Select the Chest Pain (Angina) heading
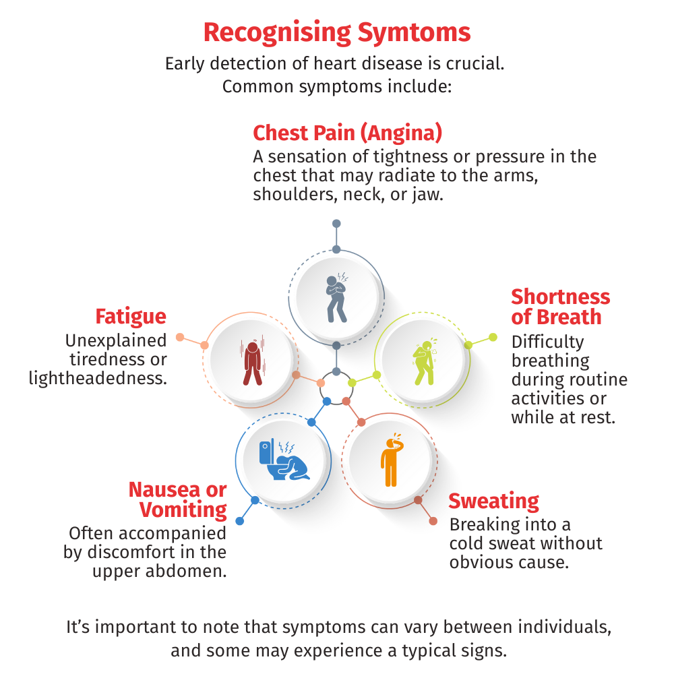pos(347,133)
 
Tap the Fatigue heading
pos(131,317)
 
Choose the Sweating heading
pos(493,501)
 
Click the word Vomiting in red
pos(183,510)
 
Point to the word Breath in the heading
pos(569,317)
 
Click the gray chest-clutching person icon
pos(337,297)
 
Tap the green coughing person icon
pos(425,362)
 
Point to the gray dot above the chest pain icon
pos(336,224)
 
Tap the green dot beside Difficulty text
pos(493,337)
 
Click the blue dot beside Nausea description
pos(240,521)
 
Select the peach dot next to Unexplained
pos(180,337)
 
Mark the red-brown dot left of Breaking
pos(433,521)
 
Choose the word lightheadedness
pos(98,378)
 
